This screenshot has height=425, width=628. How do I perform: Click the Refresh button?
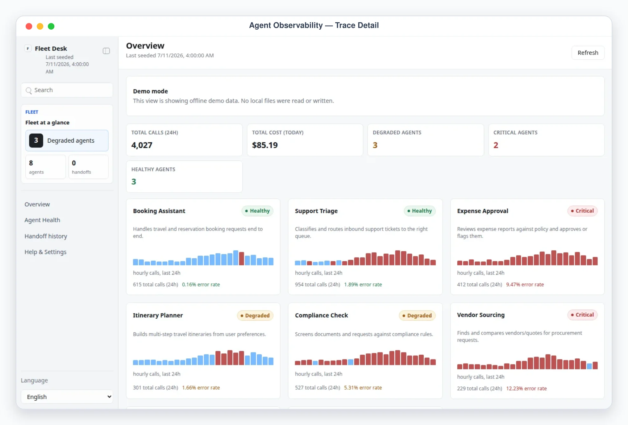588,53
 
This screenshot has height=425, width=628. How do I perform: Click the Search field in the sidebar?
67,90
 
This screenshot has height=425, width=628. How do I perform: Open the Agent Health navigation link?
42,220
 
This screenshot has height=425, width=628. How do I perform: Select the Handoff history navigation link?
46,236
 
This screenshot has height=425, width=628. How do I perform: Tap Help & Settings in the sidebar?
45,252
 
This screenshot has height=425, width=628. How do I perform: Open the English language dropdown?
67,397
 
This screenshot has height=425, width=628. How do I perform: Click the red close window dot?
29,26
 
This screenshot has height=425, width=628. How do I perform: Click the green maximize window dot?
51,26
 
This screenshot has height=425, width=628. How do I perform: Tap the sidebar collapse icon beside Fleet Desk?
106,51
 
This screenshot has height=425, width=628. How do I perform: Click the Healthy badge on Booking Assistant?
257,211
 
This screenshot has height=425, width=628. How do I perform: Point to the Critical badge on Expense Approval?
582,211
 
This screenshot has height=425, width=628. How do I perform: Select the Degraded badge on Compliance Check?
417,315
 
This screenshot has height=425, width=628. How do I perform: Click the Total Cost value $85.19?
265,145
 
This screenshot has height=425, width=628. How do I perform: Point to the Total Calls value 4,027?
142,145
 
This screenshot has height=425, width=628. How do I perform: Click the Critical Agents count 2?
496,145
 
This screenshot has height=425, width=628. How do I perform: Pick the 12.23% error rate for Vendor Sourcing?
526,388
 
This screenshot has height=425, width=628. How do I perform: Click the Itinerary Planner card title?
158,315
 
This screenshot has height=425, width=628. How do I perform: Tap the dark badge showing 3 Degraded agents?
36,140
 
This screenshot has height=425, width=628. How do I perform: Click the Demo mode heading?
150,91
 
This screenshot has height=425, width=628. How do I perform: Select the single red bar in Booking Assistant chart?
242,259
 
